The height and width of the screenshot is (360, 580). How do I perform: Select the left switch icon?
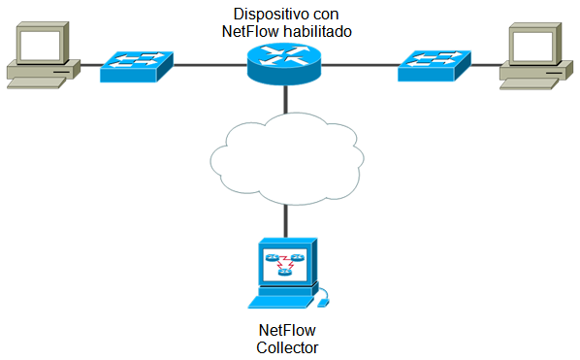coord(137,64)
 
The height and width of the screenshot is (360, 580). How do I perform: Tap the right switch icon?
coord(434,64)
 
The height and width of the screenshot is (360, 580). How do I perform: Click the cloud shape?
coord(286,155)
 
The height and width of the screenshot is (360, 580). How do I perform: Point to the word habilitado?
coord(316,31)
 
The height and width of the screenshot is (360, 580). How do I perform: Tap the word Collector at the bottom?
coord(287,347)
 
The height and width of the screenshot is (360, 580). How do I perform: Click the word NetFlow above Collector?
coord(287,330)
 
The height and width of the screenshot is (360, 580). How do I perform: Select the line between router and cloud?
coord(286,103)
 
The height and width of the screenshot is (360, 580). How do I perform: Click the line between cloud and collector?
coord(286,215)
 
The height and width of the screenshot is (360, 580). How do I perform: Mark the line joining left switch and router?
coord(211,66)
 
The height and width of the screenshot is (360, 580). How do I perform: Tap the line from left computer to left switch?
coord(87,66)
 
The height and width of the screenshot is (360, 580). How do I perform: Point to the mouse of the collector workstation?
coord(323,302)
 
